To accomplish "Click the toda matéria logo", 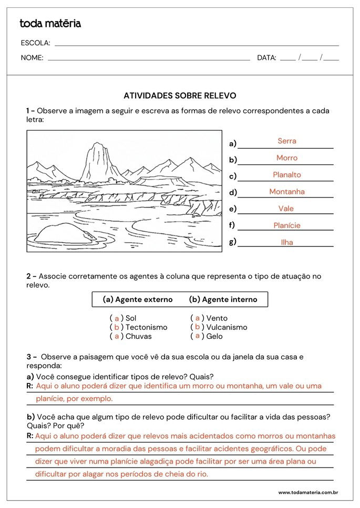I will (50, 24).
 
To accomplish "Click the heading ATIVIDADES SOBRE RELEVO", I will (180, 96).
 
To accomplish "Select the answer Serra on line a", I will (287, 141).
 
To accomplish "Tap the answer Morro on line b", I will (287, 158).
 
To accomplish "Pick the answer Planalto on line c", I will (287, 174).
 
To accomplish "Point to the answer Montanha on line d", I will (287, 192).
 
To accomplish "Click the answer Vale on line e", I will (286, 209).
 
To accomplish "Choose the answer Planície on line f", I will (287, 225).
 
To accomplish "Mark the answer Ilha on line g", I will (287, 242).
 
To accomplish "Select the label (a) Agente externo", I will (138, 299).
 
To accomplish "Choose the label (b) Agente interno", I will (223, 299).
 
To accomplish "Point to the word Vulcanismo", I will (227, 327).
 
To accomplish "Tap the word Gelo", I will (214, 336).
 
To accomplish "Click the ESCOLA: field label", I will (36, 43).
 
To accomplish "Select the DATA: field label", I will (266, 58).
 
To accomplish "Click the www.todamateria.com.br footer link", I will (308, 492).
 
